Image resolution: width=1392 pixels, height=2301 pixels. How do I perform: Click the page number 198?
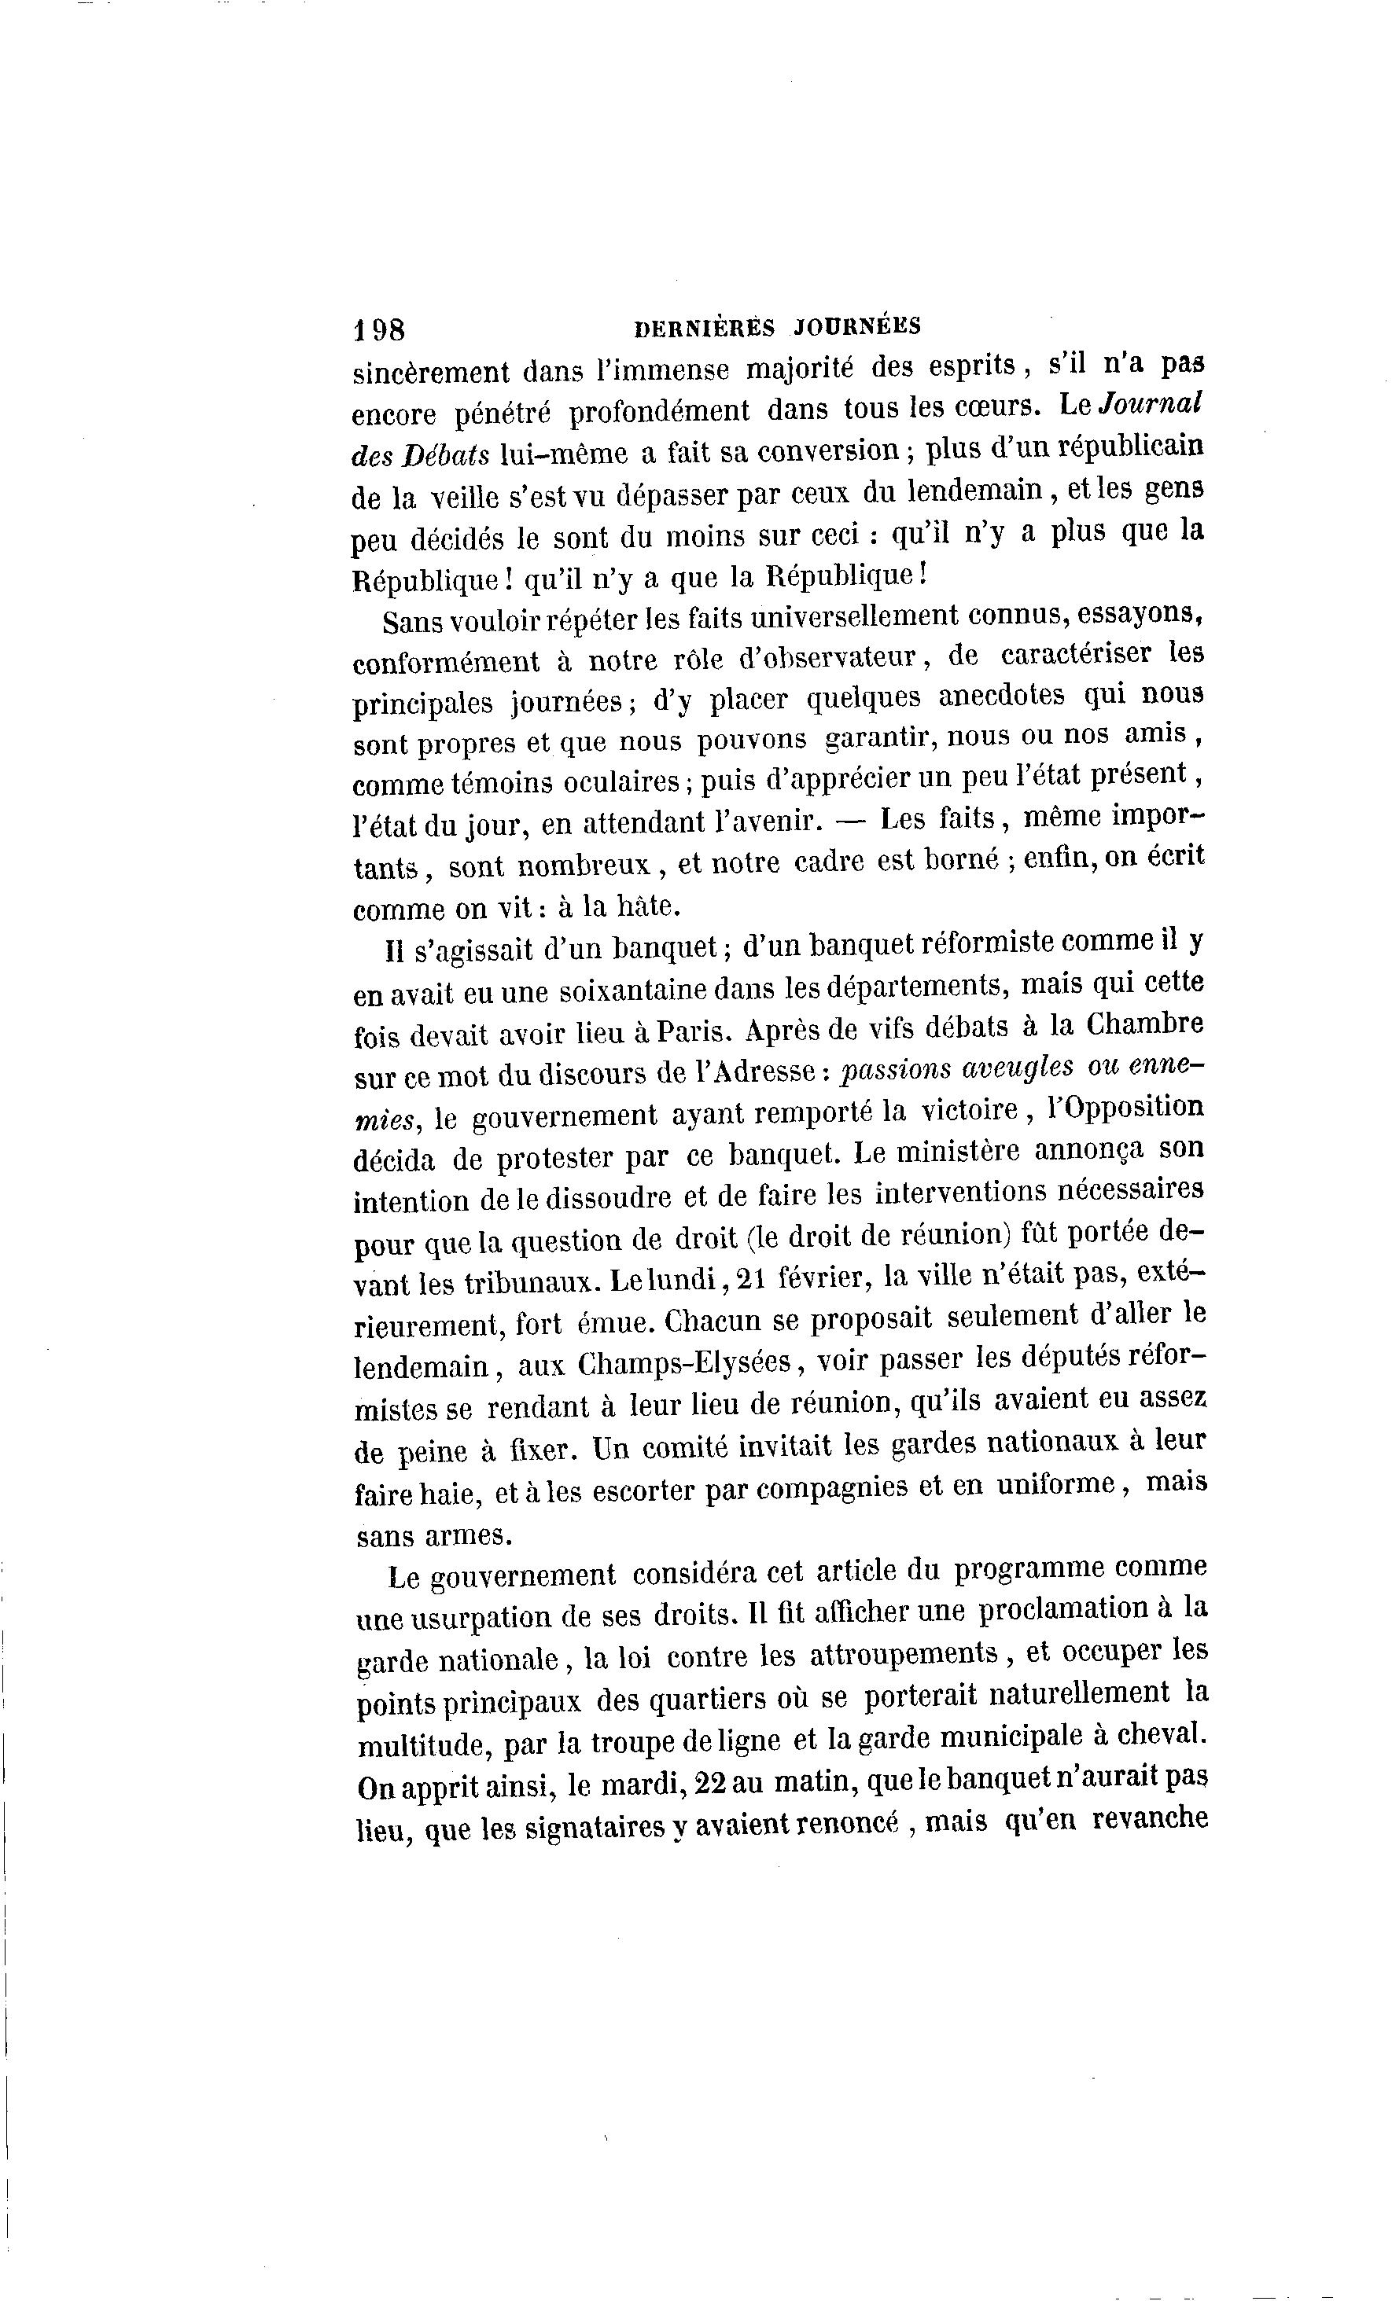[378, 329]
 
